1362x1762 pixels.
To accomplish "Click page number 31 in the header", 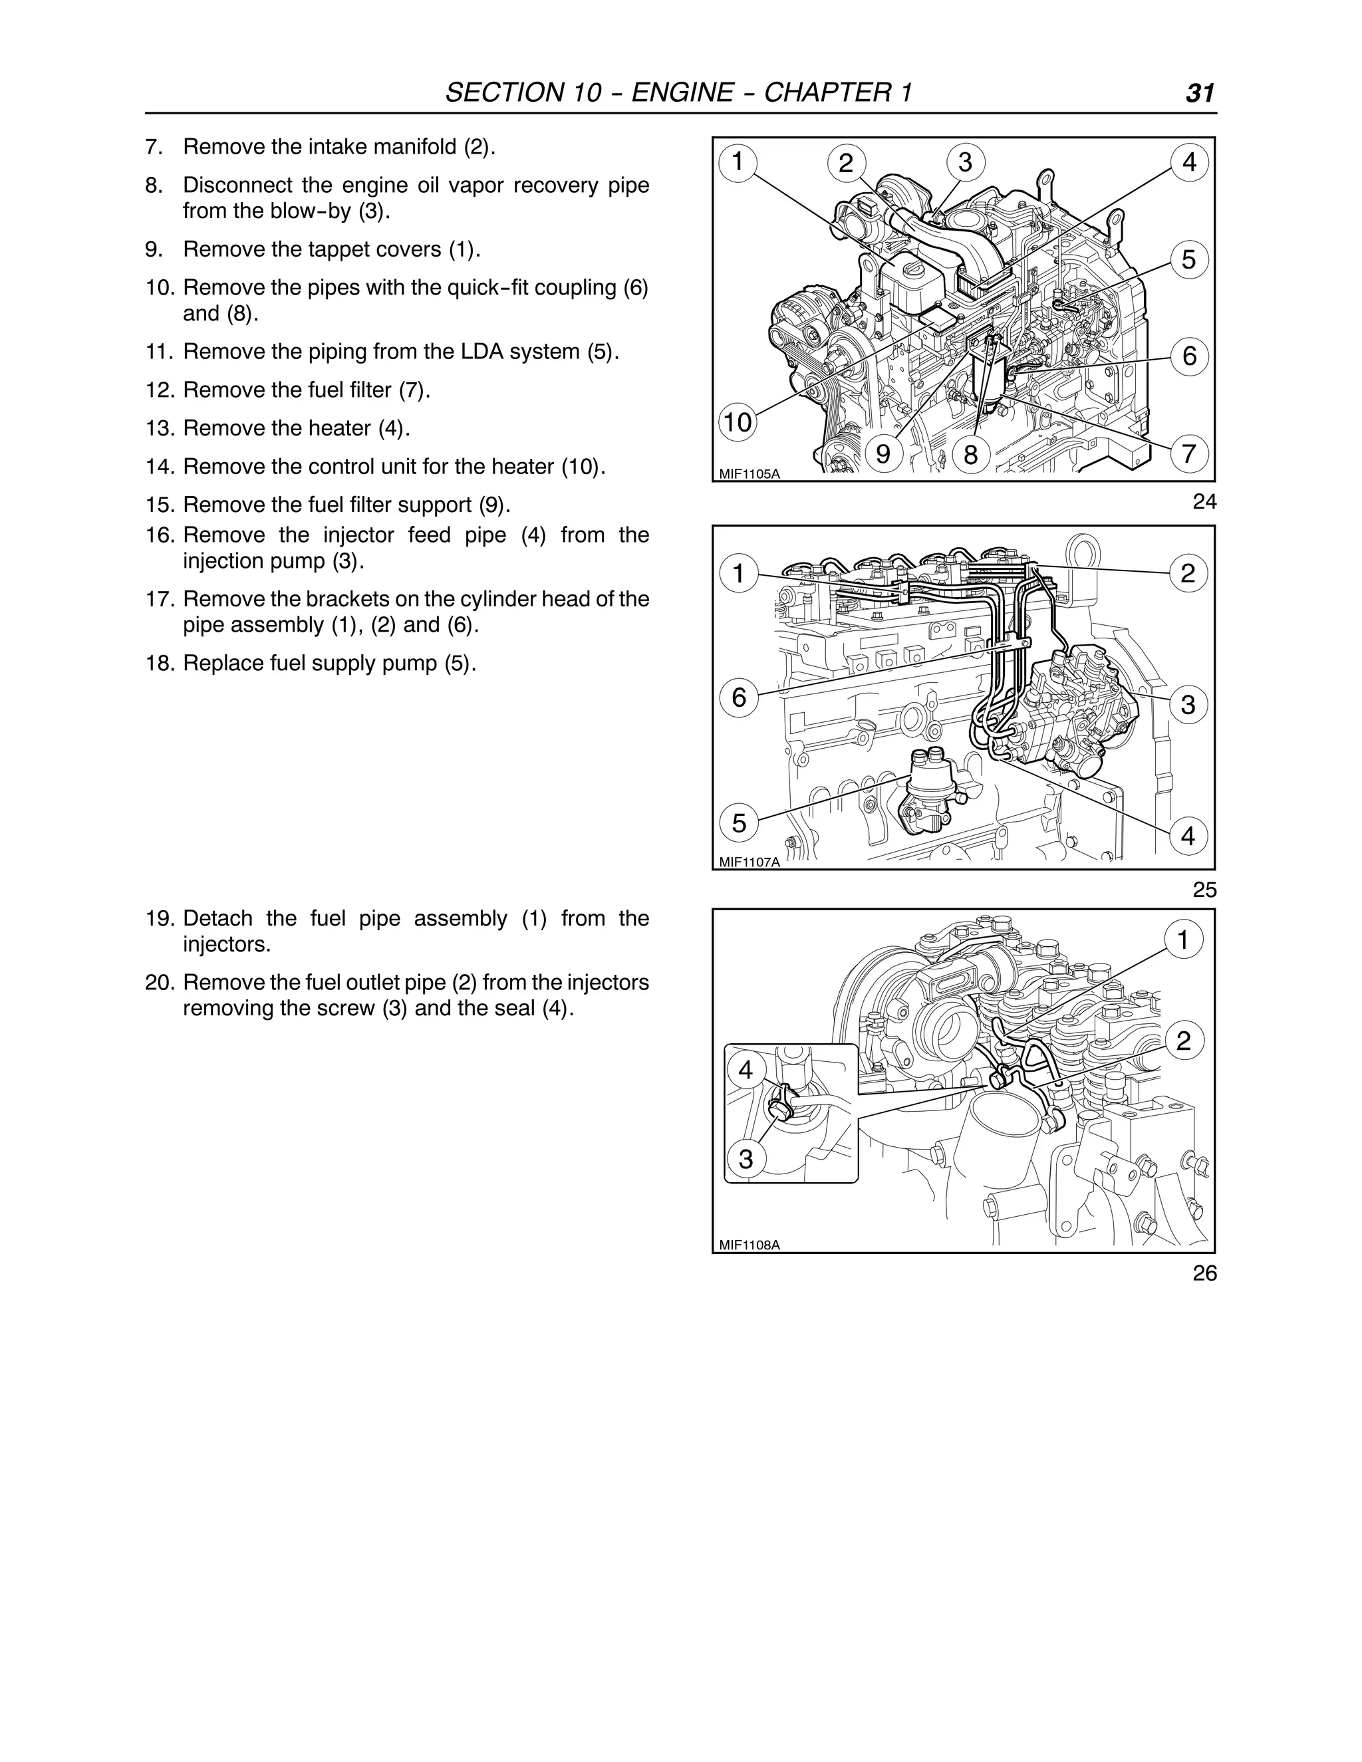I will coord(1199,94).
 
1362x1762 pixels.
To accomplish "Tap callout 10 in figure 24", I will coord(738,422).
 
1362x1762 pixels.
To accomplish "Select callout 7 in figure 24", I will coord(1188,453).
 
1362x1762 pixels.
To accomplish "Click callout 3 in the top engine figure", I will coord(965,162).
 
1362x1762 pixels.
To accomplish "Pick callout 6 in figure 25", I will coord(739,696).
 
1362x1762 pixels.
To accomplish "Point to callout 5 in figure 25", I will coord(739,823).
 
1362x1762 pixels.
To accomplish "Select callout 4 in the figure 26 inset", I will coord(746,1070).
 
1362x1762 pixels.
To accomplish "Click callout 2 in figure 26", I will coord(1183,1041).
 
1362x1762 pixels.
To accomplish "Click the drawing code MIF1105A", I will coord(749,473).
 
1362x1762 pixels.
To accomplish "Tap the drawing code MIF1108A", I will coord(749,1245).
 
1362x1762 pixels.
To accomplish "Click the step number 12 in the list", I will coord(156,390).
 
